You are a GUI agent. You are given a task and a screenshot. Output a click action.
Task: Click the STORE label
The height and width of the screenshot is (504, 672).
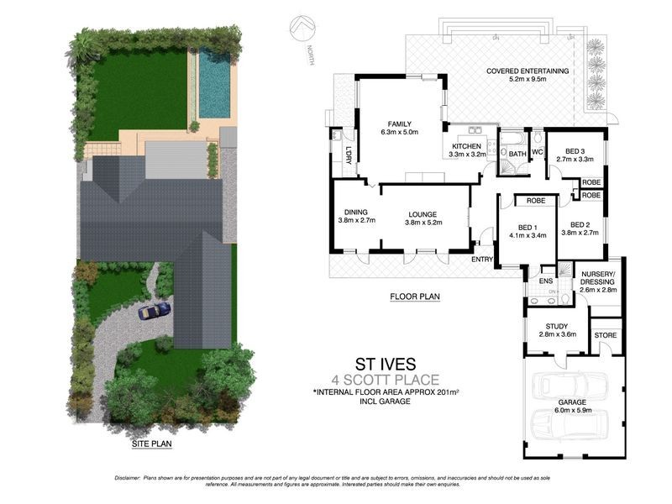point(605,335)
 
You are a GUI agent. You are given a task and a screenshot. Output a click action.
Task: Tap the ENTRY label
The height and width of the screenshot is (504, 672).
point(482,260)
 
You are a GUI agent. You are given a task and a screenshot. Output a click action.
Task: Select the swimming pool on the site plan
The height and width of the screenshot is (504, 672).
point(214,82)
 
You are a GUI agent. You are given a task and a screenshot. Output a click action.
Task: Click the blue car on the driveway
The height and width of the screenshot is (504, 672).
point(155,310)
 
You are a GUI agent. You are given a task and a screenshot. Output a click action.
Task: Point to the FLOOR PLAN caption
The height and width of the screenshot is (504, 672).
point(416,296)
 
